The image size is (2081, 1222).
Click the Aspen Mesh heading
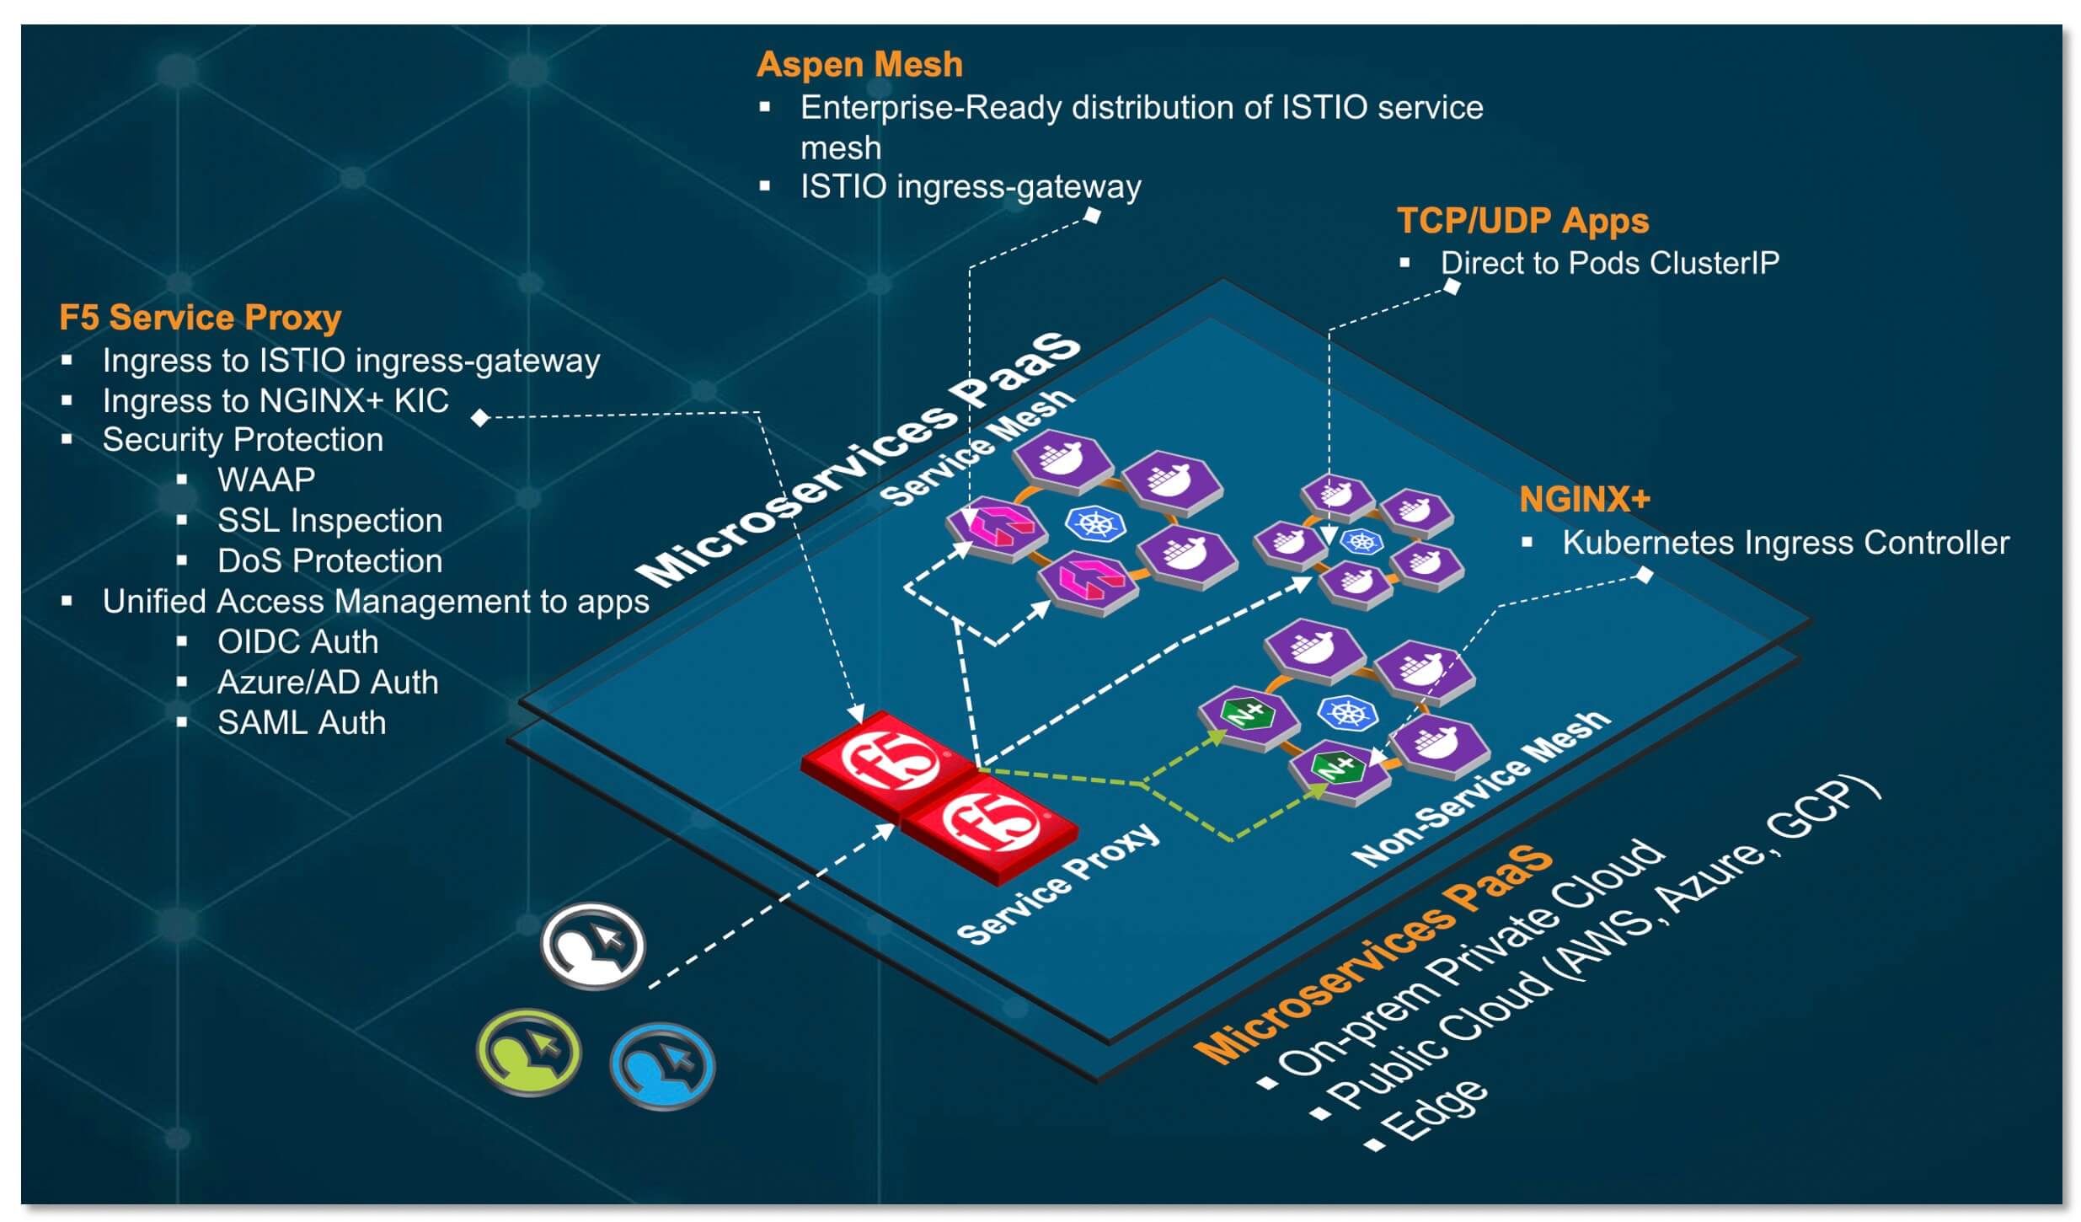coord(859,65)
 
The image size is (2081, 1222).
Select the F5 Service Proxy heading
coord(200,318)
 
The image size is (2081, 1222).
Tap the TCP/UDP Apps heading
coord(1522,221)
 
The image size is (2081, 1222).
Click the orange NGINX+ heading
coord(1583,500)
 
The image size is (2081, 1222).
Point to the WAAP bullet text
coord(266,480)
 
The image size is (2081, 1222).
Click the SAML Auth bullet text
coord(302,723)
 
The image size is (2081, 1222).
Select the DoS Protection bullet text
coord(329,561)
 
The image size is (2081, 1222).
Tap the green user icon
coord(528,1053)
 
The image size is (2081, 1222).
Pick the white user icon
coord(593,946)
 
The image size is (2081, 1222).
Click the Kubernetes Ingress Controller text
coord(1784,543)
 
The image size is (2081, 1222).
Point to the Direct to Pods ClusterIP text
coord(1609,263)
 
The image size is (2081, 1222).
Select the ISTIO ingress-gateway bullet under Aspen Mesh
coord(970,186)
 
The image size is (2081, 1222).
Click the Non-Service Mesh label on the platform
coord(1480,789)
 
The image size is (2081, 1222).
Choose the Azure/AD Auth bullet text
coord(328,683)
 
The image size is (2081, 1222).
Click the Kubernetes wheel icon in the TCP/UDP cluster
coord(1361,540)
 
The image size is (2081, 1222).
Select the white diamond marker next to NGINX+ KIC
coord(480,417)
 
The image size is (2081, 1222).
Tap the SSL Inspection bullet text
coord(329,521)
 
